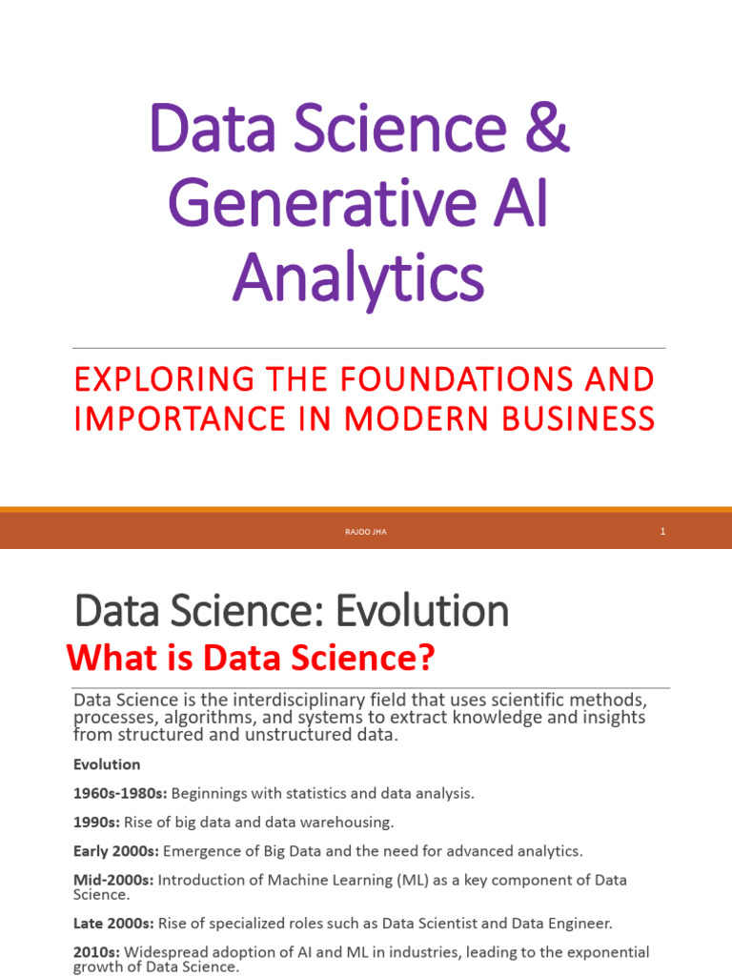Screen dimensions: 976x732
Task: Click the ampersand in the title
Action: pyautogui.click(x=548, y=132)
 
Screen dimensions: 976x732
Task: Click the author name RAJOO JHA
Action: pyautogui.click(x=366, y=532)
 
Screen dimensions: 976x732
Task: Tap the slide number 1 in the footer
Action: pyautogui.click(x=661, y=532)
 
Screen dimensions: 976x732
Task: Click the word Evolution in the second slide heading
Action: pyautogui.click(x=421, y=611)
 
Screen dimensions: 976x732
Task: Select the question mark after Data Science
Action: pyautogui.click(x=425, y=658)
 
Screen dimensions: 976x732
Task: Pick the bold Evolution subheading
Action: pyautogui.click(x=107, y=764)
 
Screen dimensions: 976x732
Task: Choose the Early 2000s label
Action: pyautogui.click(x=112, y=850)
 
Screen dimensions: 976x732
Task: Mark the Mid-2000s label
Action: pyautogui.click(x=112, y=880)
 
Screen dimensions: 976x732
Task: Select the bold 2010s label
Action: pyautogui.click(x=93, y=952)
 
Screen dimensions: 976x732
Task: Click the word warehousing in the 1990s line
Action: pyautogui.click(x=347, y=822)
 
